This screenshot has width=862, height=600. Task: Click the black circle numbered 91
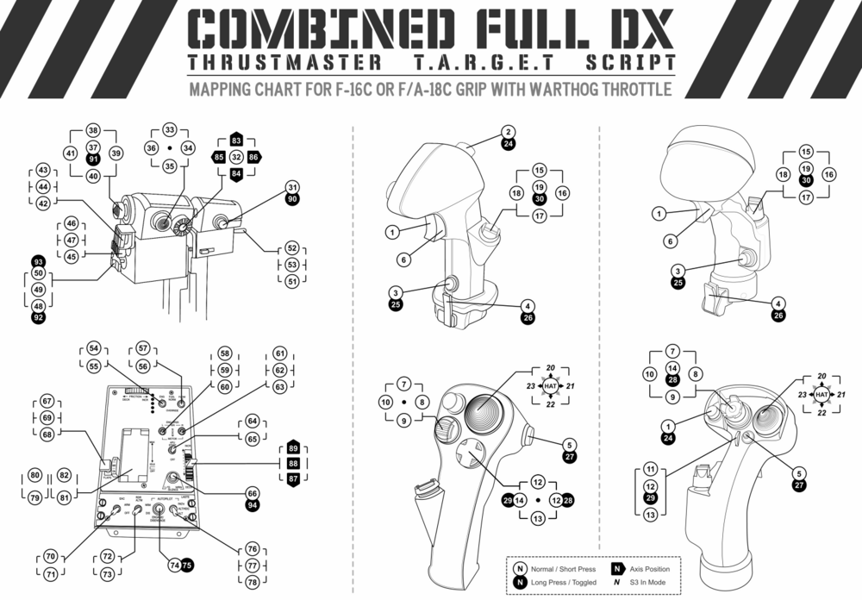[x=93, y=159]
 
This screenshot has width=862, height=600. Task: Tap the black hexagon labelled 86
[x=253, y=158]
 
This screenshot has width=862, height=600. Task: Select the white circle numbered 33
[x=170, y=130]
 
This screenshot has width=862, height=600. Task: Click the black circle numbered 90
[x=292, y=199]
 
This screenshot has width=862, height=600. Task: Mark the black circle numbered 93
[x=38, y=261]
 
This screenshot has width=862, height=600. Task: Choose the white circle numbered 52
[x=292, y=248]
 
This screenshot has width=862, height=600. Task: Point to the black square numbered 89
[x=293, y=449]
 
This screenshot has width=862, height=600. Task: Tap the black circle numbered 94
[x=252, y=506]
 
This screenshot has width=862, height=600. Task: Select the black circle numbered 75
[x=187, y=565]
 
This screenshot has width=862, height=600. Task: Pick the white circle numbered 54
[x=93, y=348]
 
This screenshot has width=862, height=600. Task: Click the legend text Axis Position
[x=653, y=570]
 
